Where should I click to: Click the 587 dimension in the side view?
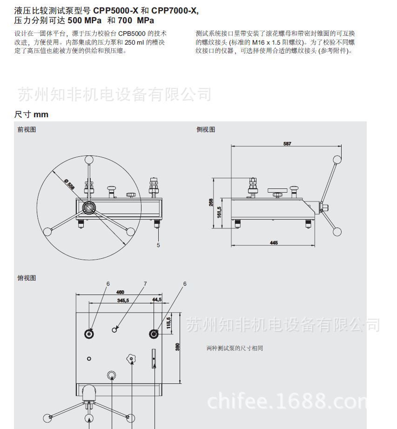pyautogui.click(x=287, y=144)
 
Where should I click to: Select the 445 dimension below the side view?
pyautogui.click(x=274, y=243)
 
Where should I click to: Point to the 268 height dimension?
pyautogui.click(x=210, y=202)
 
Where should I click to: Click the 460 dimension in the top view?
pyautogui.click(x=120, y=292)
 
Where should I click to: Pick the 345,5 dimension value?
pyautogui.click(x=124, y=301)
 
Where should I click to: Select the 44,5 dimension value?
pyautogui.click(x=157, y=300)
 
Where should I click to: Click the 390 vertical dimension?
pyautogui.click(x=177, y=347)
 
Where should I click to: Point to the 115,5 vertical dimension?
pyautogui.click(x=169, y=322)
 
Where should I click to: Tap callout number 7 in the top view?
pyautogui.click(x=145, y=283)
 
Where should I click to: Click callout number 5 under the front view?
pyautogui.click(x=158, y=245)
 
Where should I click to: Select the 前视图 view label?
pyautogui.click(x=27, y=130)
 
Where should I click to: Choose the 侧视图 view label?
pyautogui.click(x=206, y=130)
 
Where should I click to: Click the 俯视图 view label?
pyautogui.click(x=27, y=278)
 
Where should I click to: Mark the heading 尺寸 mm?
pyautogui.click(x=31, y=114)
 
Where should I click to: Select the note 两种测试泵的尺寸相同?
pyautogui.click(x=235, y=348)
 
